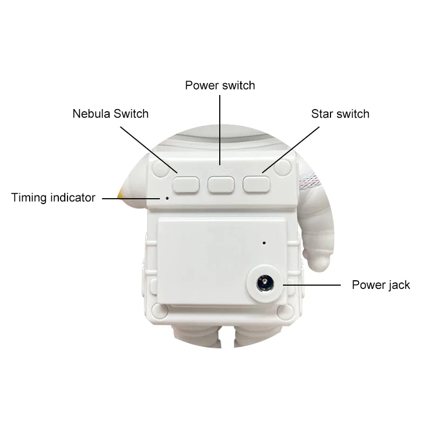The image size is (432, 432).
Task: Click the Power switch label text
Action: click(220, 85)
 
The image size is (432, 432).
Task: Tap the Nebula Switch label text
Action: click(110, 114)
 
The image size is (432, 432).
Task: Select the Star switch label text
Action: click(340, 114)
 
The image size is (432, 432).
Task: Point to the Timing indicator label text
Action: click(53, 198)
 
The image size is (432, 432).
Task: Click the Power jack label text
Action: click(381, 285)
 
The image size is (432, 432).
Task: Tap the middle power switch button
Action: click(220, 184)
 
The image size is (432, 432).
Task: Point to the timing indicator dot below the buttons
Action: click(167, 198)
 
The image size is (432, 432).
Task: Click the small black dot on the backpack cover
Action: click(264, 242)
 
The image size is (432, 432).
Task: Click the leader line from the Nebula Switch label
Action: click(148, 148)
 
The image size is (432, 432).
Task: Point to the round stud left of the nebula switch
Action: click(160, 168)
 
